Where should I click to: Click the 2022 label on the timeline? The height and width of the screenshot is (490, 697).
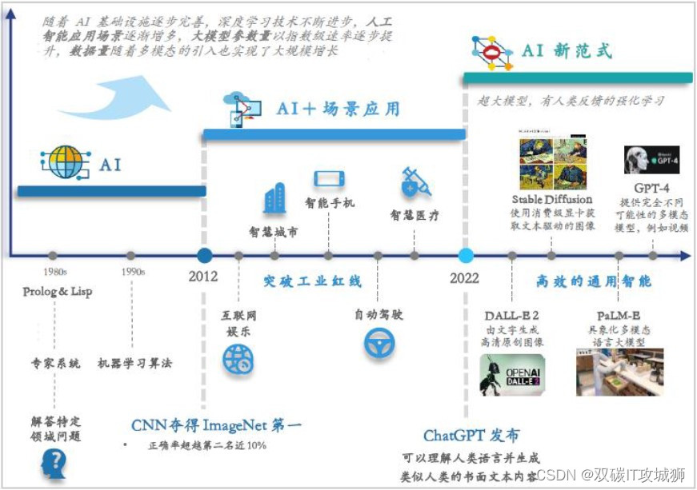click(464, 278)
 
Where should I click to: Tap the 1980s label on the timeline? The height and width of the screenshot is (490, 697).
click(53, 272)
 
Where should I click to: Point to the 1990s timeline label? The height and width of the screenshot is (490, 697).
click(133, 272)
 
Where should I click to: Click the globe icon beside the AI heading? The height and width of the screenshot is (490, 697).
click(63, 162)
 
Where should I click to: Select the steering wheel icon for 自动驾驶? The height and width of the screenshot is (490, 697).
click(378, 343)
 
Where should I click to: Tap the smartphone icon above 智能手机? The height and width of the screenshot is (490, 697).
click(329, 179)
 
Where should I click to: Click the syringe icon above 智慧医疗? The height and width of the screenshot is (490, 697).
click(415, 183)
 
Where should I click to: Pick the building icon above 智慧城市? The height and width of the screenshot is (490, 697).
click(274, 198)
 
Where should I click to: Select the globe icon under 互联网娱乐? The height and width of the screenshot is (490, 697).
click(238, 360)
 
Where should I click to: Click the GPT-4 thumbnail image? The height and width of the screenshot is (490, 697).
click(651, 160)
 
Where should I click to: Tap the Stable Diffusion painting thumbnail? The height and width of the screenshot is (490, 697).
click(551, 161)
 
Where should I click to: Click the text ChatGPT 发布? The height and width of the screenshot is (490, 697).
click(471, 436)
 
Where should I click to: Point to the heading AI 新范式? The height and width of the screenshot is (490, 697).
click(567, 51)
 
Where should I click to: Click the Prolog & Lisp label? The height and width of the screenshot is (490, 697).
click(58, 292)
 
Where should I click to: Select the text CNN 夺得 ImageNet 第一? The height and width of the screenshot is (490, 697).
click(216, 424)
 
